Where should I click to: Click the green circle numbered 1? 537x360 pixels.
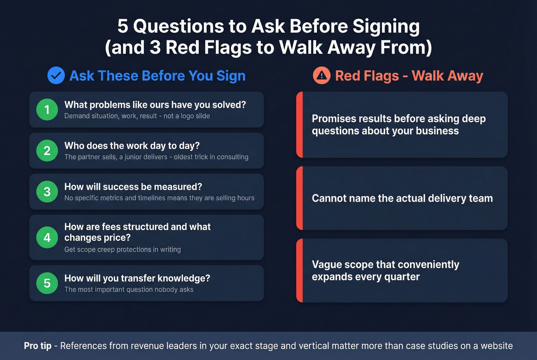47,110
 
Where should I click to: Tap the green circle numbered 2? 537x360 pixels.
47,151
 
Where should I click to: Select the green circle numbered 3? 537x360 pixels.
47,192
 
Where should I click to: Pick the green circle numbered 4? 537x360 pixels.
47,237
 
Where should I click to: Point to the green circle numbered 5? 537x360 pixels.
47,283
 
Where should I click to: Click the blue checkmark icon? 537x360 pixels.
56,76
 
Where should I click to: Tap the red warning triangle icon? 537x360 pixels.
321,76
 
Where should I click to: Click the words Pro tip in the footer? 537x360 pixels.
38,346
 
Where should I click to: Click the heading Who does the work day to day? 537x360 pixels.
132,146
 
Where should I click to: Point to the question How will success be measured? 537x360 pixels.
133,187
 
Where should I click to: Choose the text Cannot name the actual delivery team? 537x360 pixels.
402,198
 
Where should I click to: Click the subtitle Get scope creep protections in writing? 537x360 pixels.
122,250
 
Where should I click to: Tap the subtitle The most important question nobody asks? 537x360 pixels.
129,289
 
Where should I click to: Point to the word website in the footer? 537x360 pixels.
497,346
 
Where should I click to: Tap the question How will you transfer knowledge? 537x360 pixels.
137,278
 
